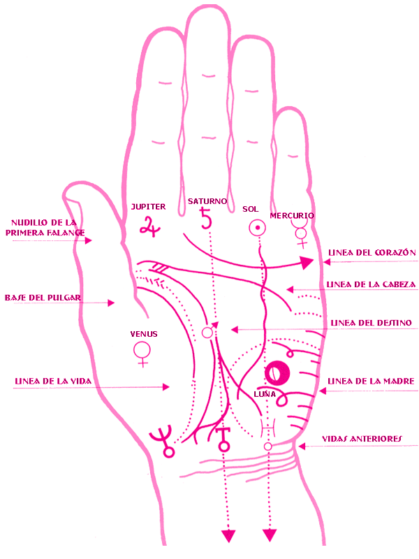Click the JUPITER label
point(148,207)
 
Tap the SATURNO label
point(207,201)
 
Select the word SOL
point(251,209)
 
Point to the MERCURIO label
point(292,216)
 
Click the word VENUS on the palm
point(143,334)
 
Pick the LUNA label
point(265,395)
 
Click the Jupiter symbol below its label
point(147,225)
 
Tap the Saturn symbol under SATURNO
point(205,219)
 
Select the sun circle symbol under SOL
point(257,228)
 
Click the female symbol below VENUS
point(143,353)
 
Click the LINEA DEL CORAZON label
point(372,252)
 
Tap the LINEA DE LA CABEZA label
point(372,284)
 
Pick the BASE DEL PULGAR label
point(43,298)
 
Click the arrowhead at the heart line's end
point(305,263)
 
